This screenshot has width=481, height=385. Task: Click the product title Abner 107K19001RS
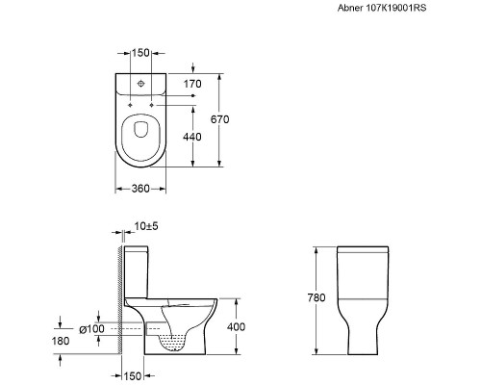coord(382,8)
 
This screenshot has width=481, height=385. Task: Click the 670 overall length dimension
coord(220,119)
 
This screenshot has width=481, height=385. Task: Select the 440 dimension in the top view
coord(192,137)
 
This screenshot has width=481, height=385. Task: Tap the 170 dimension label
coord(192,84)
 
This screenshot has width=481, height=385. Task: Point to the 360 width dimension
coord(140,189)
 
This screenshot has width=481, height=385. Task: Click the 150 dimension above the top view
coord(141,53)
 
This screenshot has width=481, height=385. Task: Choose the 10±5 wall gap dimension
coord(146,226)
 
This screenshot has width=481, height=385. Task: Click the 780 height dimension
coord(316,297)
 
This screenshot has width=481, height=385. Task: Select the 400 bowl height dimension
coord(236,327)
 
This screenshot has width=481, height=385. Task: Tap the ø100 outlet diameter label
coord(91,329)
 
